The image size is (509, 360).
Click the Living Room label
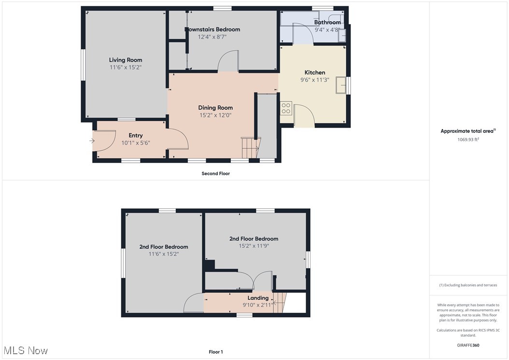(125, 60)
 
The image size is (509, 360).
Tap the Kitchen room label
(314, 72)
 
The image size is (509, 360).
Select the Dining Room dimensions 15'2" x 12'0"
(215, 115)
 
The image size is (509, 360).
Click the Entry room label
(135, 135)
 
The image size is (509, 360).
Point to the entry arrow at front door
(92, 141)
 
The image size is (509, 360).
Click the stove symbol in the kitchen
(286, 108)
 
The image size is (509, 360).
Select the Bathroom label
(327, 22)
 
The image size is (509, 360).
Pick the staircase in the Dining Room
(250, 147)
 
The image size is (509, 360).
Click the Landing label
(258, 298)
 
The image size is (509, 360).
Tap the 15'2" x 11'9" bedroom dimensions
(254, 246)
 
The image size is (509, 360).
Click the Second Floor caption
(215, 173)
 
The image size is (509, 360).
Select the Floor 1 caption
(215, 352)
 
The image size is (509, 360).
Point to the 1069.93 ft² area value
(468, 140)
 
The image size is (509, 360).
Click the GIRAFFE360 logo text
(468, 345)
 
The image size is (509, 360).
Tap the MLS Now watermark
(25, 350)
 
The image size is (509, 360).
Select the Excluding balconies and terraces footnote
(468, 285)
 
